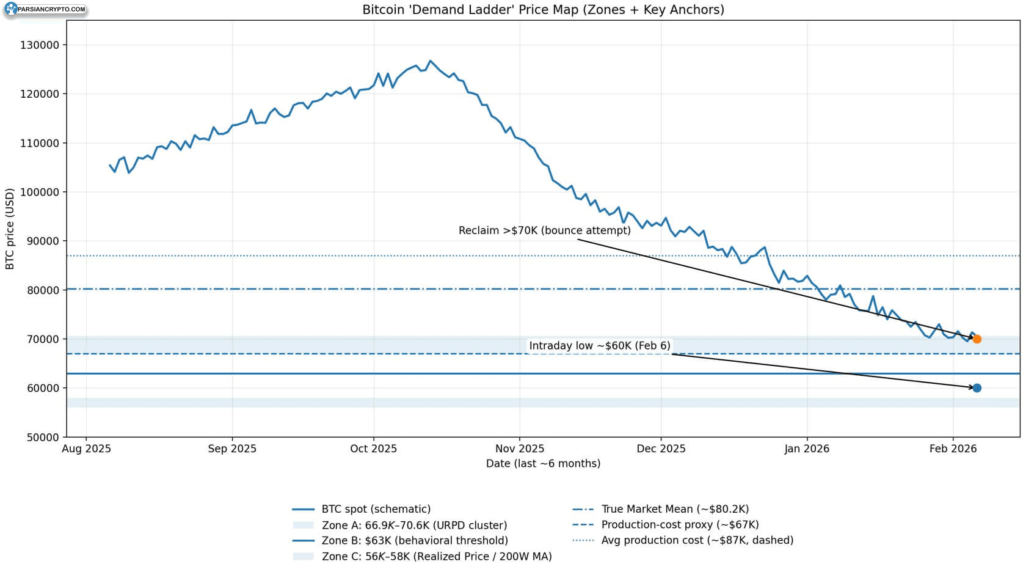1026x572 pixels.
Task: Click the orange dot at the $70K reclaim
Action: (x=977, y=339)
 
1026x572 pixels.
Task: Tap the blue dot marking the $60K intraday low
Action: (x=977, y=388)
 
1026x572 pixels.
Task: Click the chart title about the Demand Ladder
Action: (x=544, y=10)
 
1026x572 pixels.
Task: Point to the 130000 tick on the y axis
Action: (x=40, y=45)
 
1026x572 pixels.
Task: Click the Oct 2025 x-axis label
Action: (x=373, y=449)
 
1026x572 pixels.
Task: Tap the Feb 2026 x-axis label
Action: (x=953, y=449)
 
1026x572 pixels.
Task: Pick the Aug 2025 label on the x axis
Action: (x=87, y=449)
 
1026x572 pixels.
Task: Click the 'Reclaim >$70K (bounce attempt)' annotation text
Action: (x=545, y=230)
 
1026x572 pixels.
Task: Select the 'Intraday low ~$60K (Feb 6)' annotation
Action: (x=600, y=346)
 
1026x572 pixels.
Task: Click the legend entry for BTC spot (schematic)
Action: (x=362, y=509)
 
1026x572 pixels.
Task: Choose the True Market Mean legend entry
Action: (x=661, y=509)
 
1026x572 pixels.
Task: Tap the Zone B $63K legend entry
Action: (x=401, y=541)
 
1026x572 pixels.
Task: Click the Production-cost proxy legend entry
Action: (x=666, y=525)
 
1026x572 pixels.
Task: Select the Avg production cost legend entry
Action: (x=683, y=540)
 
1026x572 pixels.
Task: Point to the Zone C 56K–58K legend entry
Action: (x=423, y=556)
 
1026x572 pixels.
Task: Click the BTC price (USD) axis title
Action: (x=10, y=229)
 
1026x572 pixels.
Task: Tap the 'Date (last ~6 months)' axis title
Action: (x=544, y=463)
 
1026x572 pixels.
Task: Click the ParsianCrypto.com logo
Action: (x=45, y=9)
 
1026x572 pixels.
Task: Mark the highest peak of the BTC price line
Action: (x=430, y=61)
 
